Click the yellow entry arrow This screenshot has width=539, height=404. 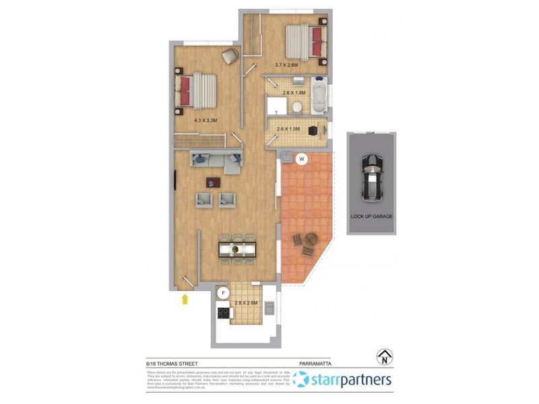(x=185, y=298)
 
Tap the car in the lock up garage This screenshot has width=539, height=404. (x=371, y=178)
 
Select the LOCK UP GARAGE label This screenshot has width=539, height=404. (x=371, y=216)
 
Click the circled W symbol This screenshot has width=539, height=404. (x=303, y=160)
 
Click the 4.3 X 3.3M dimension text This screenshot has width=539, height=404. (x=205, y=121)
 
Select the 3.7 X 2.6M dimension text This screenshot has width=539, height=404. (x=286, y=65)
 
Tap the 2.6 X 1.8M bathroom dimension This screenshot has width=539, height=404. (x=294, y=93)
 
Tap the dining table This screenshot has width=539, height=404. (x=238, y=249)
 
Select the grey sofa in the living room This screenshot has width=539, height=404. (x=216, y=161)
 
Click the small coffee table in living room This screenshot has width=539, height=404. (x=214, y=182)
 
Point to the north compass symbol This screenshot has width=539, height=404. (x=385, y=357)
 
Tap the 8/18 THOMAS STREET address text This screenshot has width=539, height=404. (x=173, y=364)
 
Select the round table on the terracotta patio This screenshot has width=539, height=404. (x=311, y=238)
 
